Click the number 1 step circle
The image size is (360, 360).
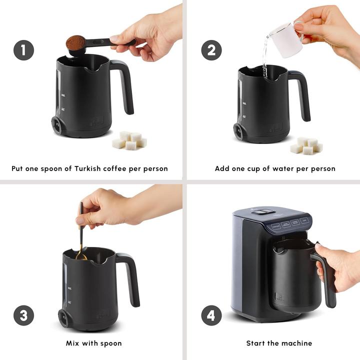(x=23, y=50)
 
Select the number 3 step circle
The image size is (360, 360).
(x=23, y=315)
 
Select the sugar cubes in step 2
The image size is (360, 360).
(x=306, y=145)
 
